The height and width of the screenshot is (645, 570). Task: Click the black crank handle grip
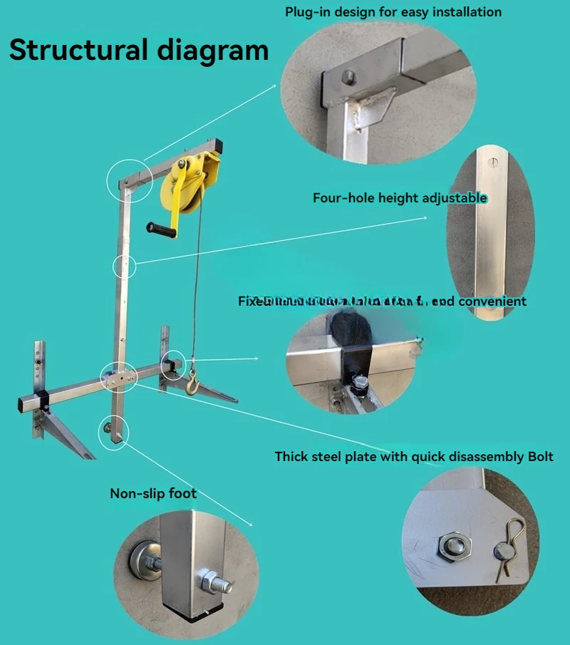click(161, 229)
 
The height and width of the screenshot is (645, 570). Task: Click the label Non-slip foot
click(153, 493)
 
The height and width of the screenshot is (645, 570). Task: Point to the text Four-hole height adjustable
click(400, 197)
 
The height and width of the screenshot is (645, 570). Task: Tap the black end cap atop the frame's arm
click(219, 146)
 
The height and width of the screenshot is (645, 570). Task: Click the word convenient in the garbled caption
click(492, 301)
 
